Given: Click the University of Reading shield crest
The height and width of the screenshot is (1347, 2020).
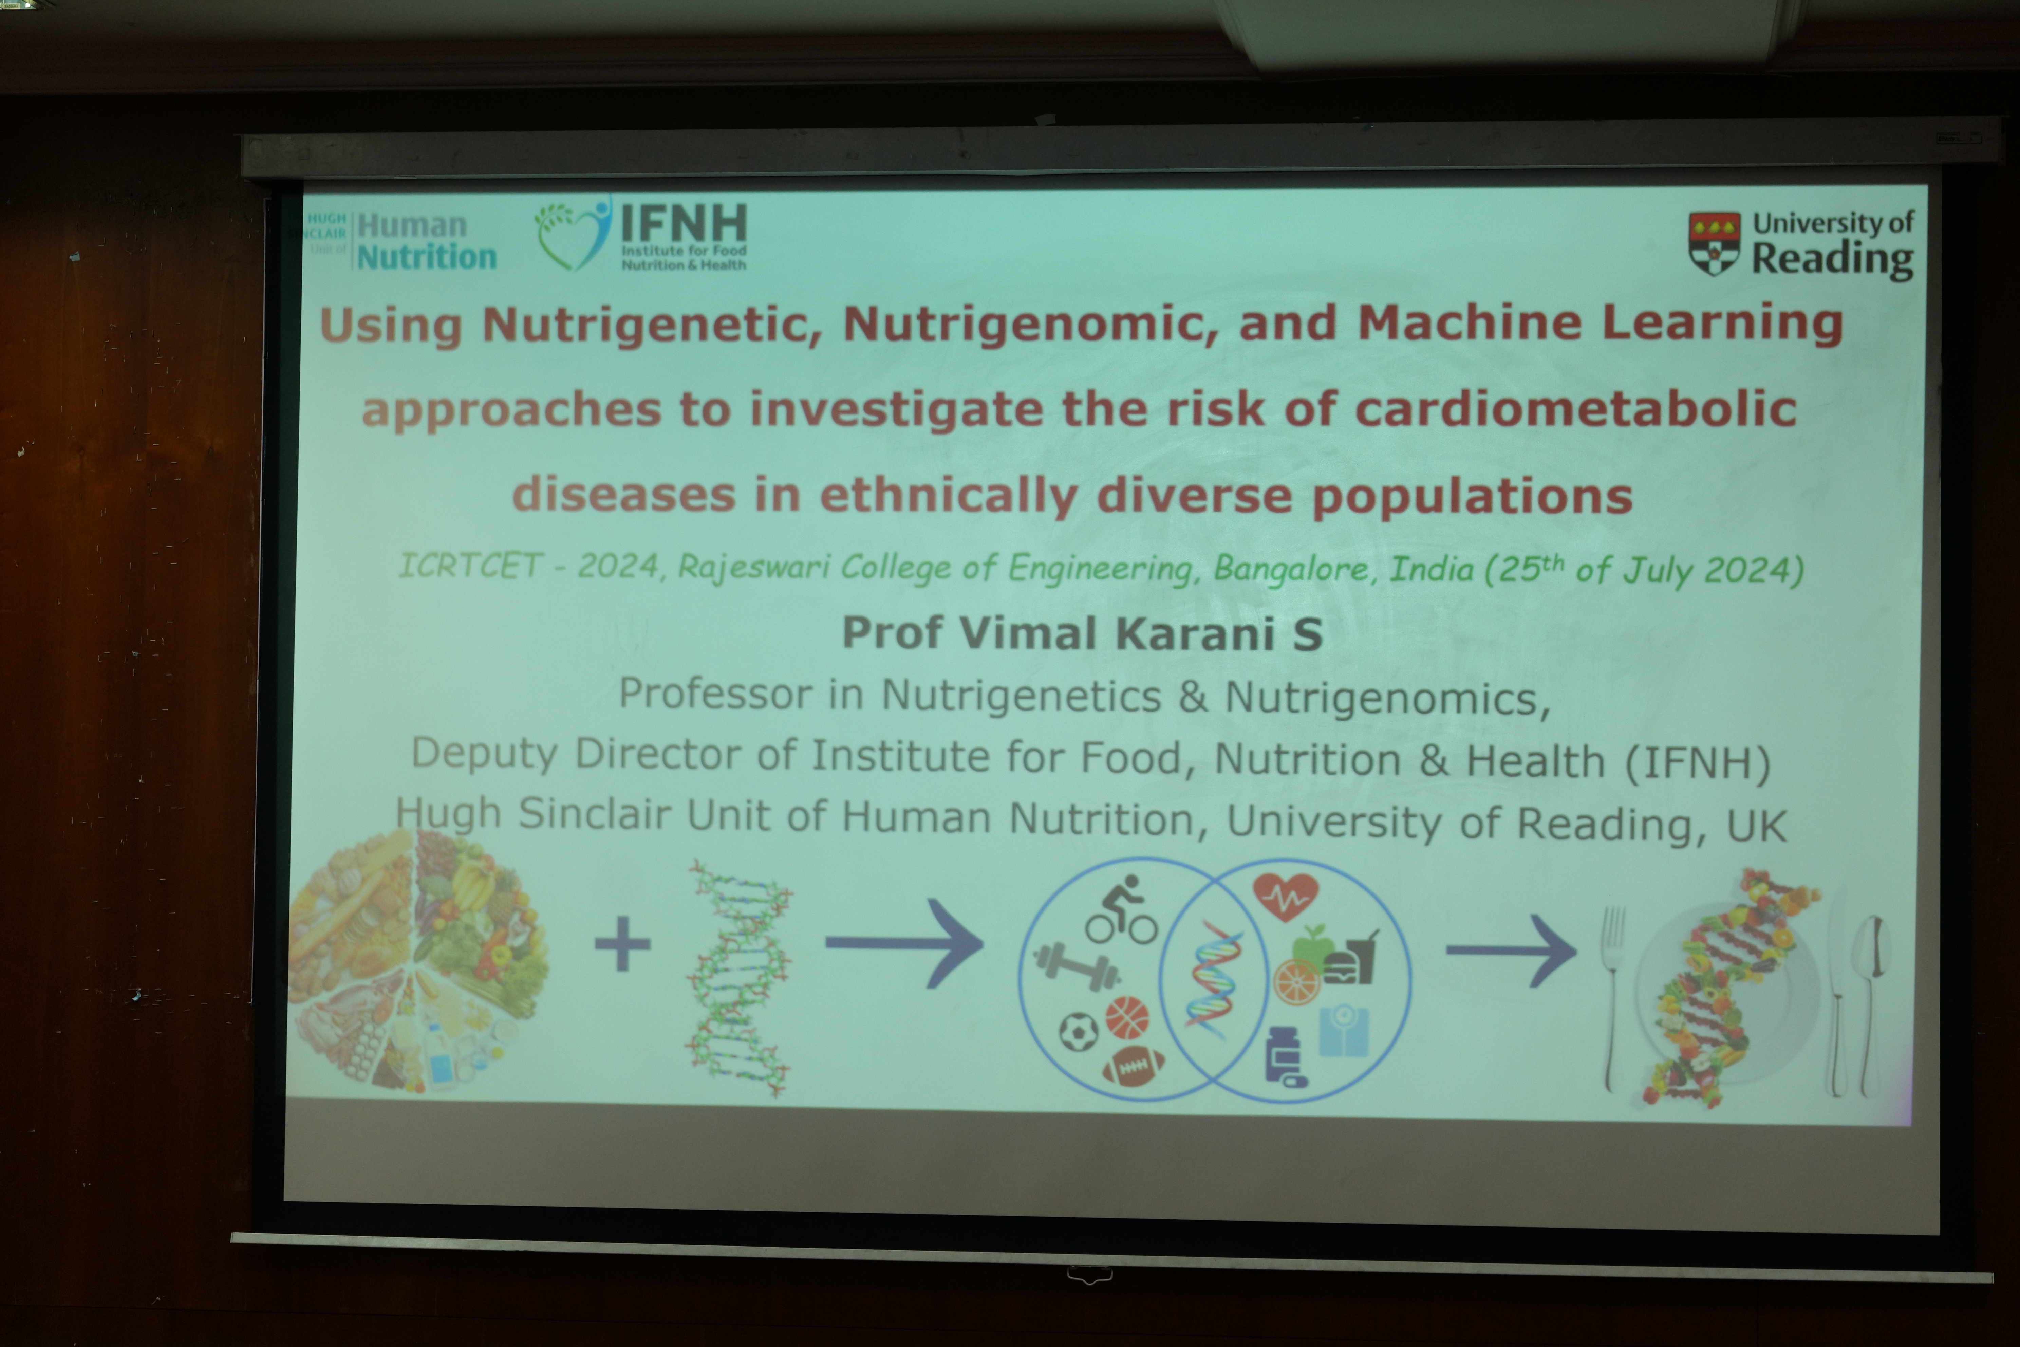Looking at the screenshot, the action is (x=1714, y=243).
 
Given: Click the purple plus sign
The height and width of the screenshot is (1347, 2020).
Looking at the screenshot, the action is (x=623, y=943).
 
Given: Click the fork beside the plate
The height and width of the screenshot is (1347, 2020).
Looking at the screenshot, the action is (x=1615, y=997).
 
